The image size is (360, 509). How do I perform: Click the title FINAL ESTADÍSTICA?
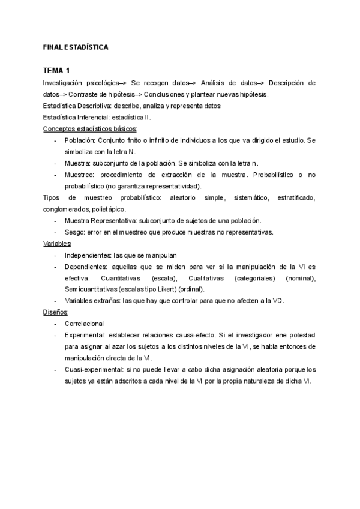(x=76, y=46)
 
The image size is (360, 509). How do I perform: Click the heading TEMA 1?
(x=57, y=71)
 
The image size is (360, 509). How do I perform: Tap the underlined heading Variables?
(x=58, y=244)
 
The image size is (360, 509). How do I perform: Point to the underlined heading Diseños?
(x=56, y=313)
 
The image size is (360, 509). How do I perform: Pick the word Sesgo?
(x=74, y=232)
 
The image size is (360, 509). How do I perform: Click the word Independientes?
(x=87, y=255)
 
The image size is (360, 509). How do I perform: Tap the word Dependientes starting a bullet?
(x=86, y=267)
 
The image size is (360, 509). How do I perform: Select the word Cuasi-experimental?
(x=92, y=370)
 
